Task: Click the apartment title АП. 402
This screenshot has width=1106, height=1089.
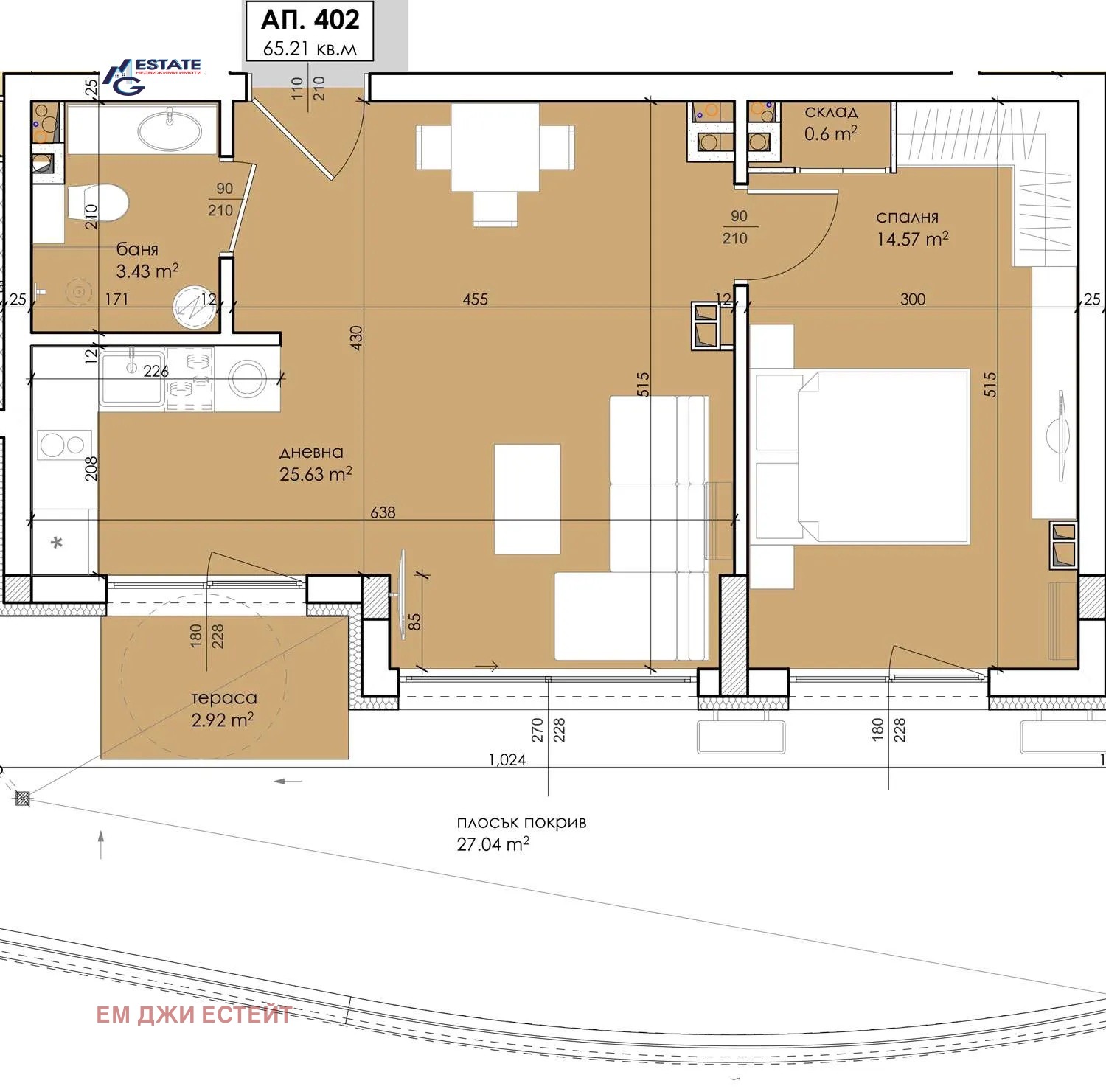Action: coord(310,20)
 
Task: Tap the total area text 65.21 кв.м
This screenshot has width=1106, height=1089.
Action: coord(310,49)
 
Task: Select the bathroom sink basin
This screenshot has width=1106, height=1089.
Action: coord(170,131)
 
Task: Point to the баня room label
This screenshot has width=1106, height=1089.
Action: coord(137,249)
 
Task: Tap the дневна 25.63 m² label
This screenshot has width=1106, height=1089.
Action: coord(316,464)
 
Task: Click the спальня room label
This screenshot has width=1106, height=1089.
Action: coord(908,218)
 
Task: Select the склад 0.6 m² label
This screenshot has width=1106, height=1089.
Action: coord(831,122)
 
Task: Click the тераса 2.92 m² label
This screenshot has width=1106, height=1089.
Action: coord(223,709)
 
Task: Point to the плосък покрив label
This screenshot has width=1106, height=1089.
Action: coord(521,822)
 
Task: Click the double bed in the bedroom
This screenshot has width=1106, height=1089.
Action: coord(883,456)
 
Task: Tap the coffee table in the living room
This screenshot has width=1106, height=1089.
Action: coord(527,499)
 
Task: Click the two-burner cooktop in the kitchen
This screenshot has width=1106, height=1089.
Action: coord(63,445)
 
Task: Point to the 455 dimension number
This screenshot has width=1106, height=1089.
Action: coord(476,299)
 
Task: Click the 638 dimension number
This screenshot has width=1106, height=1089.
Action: coord(383,512)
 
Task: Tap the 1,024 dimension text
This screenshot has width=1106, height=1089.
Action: coord(507,759)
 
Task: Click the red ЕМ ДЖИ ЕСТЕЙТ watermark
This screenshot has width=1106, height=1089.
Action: coord(195,1015)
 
